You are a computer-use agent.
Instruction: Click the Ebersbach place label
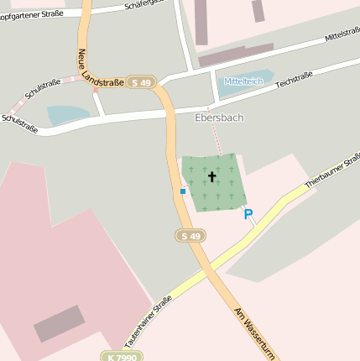219,118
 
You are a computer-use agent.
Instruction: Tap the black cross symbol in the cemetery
211,176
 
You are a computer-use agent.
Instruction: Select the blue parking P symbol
248,215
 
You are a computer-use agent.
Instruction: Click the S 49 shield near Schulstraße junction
139,82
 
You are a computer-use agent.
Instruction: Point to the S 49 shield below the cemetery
190,237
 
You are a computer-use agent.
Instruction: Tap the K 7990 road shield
121,357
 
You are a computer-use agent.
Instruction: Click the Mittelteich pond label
241,81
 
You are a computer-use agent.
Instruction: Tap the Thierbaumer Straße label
331,169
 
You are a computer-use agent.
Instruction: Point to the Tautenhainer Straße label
148,322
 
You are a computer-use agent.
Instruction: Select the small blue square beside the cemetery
183,191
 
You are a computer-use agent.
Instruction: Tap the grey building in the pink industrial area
60,323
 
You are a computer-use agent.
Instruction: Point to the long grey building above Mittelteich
235,55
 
